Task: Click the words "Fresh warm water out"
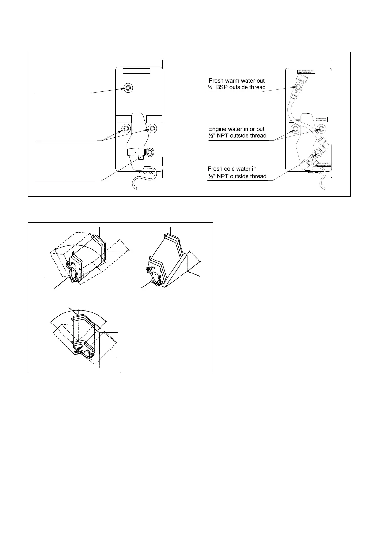236,80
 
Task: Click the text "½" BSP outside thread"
236,87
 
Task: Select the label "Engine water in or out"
236,129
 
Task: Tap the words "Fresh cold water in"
232,169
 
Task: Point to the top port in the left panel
128,87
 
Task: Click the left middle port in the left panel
125,128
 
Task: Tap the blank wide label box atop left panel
136,71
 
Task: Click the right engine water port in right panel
322,129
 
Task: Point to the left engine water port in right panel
296,129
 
